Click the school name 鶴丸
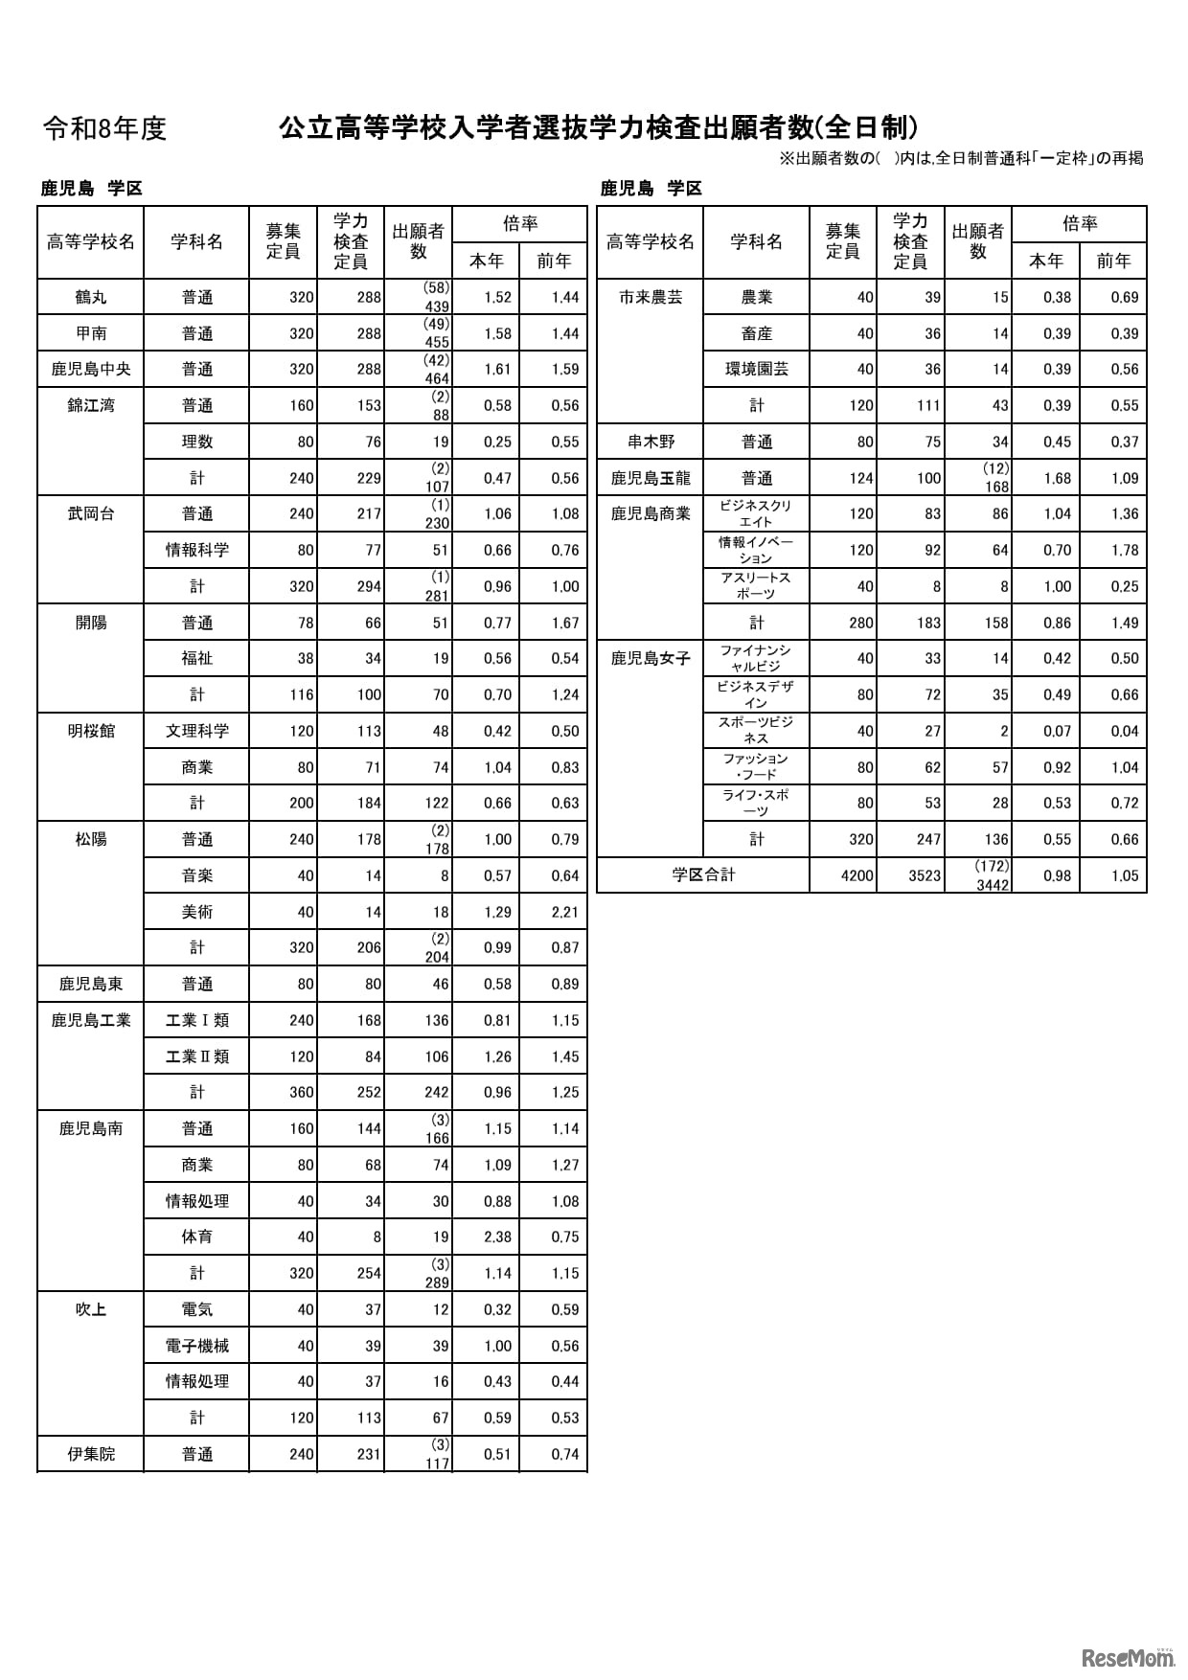tap(91, 297)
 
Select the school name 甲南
tap(91, 333)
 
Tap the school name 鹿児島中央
tap(91, 370)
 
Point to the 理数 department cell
tap(196, 442)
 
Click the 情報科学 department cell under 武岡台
tap(196, 550)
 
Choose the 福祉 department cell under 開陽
tap(196, 659)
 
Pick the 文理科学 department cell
tap(196, 731)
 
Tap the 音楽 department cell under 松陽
tap(196, 875)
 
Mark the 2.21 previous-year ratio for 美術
tap(564, 912)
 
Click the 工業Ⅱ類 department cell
tap(196, 1056)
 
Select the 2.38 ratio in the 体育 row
tap(497, 1237)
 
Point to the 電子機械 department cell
tap(196, 1346)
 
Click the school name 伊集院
tap(91, 1454)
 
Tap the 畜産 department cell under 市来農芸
tap(756, 333)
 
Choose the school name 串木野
tap(651, 442)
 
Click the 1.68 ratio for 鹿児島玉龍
tap(1057, 478)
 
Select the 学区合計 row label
tap(703, 875)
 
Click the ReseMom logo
tap(1127, 1657)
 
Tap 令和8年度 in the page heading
tap(105, 128)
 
